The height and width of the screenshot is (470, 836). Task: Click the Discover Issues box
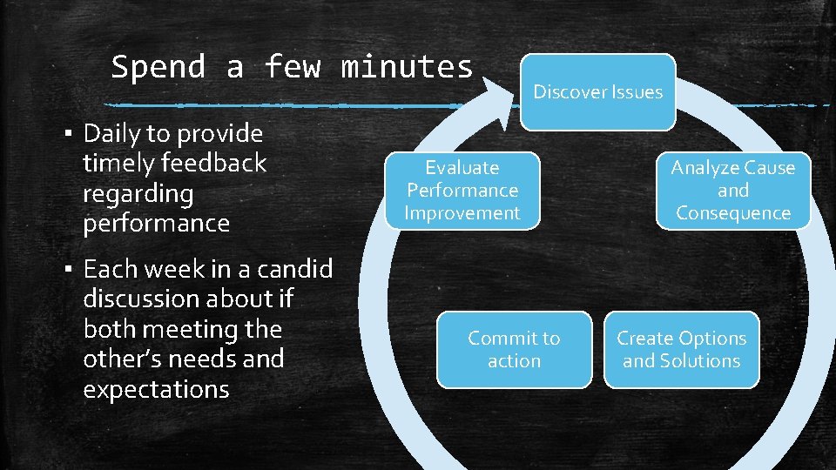coord(597,91)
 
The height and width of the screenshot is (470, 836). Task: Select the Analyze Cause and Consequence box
coord(732,191)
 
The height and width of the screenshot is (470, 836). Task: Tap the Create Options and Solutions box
coord(681,349)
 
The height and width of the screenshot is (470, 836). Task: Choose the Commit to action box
coord(514,349)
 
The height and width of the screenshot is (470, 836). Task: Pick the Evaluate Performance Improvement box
coord(462,191)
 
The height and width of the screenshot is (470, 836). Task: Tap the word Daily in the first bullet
coord(112,133)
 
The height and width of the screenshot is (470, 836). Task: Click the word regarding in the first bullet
coord(138,193)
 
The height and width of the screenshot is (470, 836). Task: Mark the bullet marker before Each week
coord(68,270)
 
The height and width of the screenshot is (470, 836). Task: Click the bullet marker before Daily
coord(68,134)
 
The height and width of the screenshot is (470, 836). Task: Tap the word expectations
coord(156,389)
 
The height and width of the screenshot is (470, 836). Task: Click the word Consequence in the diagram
coord(732,213)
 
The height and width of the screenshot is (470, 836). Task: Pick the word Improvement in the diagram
coord(462,213)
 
